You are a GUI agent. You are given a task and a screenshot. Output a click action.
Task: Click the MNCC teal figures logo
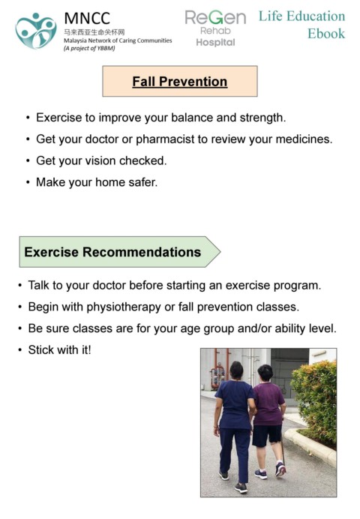[36, 31]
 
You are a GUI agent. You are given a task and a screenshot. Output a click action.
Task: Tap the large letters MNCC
[87, 18]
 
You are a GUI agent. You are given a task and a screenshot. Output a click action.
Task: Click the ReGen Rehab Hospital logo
[215, 28]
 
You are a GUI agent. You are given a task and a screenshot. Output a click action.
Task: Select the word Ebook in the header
[326, 34]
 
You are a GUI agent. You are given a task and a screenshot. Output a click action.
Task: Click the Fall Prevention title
[180, 82]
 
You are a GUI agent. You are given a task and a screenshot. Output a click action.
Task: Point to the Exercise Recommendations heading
[112, 252]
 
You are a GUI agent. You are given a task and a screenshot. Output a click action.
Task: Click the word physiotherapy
[124, 307]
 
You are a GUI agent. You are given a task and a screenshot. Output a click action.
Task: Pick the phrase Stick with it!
[59, 349]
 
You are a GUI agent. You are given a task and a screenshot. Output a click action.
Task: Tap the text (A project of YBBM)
[89, 48]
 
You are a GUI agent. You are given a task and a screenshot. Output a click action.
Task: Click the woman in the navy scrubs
[234, 424]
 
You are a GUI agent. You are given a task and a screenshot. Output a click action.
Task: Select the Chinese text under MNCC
[94, 32]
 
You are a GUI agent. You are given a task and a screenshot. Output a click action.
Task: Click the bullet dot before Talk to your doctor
[20, 285]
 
